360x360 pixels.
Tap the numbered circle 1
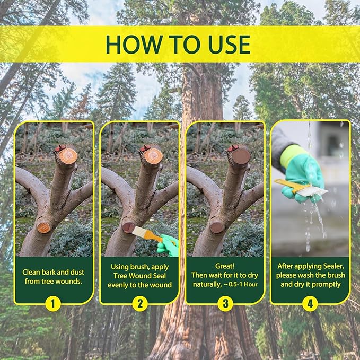pyautogui.click(x=53, y=304)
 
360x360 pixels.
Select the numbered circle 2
pyautogui.click(x=139, y=304)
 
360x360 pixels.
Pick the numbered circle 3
pyautogui.click(x=225, y=304)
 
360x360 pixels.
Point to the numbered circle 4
pyautogui.click(x=311, y=304)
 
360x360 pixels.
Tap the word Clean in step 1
pyautogui.click(x=33, y=272)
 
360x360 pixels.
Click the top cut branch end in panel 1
pyautogui.click(x=67, y=155)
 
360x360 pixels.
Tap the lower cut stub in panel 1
pyautogui.click(x=45, y=226)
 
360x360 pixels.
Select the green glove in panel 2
pyautogui.click(x=169, y=245)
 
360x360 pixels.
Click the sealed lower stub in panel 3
pyautogui.click(x=216, y=227)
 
